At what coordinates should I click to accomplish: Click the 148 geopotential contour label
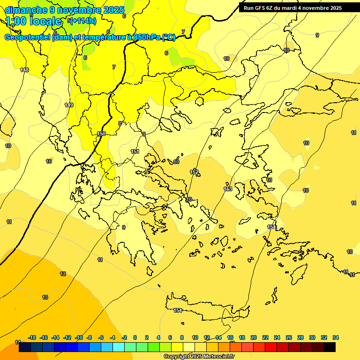[24, 70]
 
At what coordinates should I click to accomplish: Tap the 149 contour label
[69, 105]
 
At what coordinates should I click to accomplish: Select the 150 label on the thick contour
[101, 134]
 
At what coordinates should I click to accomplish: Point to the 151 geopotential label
[135, 151]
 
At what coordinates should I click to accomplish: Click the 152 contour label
[194, 172]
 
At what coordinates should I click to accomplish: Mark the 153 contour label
[228, 189]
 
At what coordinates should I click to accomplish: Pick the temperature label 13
[45, 297]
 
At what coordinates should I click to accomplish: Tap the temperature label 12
[63, 274]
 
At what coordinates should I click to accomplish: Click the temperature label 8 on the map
[120, 123]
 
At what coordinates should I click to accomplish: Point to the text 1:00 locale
[33, 21]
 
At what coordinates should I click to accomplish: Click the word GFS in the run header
[262, 8]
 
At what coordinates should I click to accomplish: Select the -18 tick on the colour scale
[32, 337]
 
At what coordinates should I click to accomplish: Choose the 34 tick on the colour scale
[336, 337]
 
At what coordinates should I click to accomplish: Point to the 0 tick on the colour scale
[135, 337]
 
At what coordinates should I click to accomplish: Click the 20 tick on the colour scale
[254, 337]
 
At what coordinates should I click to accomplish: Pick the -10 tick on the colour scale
[79, 337]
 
